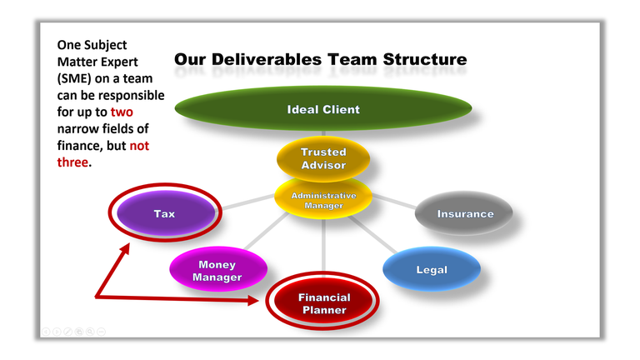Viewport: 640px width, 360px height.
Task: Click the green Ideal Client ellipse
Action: pyautogui.click(x=322, y=109)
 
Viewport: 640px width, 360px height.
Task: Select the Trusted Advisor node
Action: pyautogui.click(x=322, y=158)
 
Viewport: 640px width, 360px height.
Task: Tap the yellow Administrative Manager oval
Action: pyautogui.click(x=322, y=200)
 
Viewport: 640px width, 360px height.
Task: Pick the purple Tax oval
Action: pyautogui.click(x=164, y=214)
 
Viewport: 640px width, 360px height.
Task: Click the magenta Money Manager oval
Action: pyautogui.click(x=217, y=271)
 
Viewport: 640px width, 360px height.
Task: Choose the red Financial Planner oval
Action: pyautogui.click(x=323, y=303)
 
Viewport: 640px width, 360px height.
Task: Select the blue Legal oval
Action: pyautogui.click(x=431, y=269)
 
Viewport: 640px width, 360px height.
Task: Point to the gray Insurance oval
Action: pyautogui.click(x=465, y=214)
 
